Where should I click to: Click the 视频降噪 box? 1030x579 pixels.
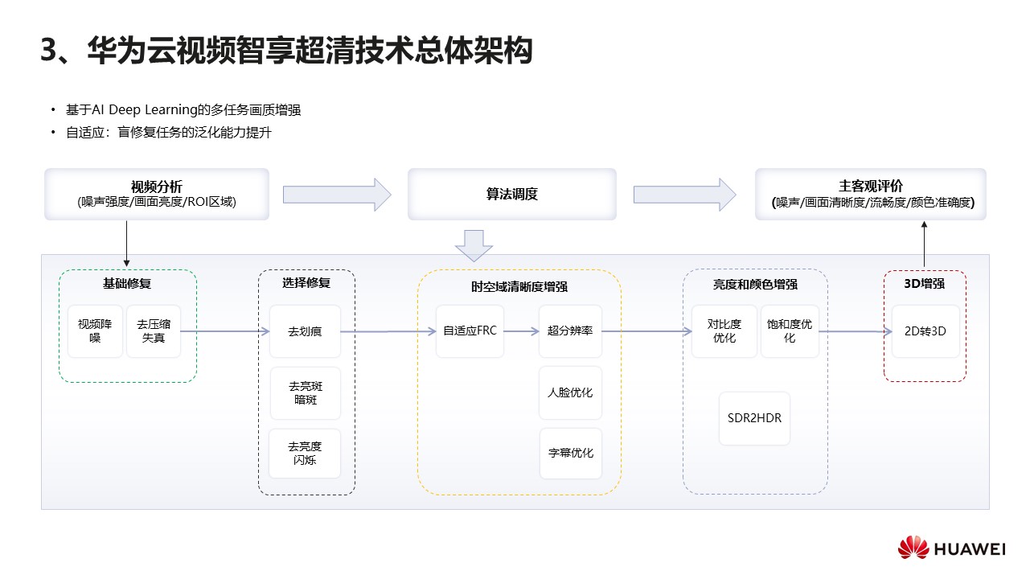pyautogui.click(x=95, y=331)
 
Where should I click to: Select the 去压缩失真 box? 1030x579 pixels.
pyautogui.click(x=154, y=331)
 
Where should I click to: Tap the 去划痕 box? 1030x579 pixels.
pyautogui.click(x=305, y=331)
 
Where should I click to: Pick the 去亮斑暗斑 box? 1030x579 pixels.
pyautogui.click(x=305, y=393)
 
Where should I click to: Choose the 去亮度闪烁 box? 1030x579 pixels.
pyautogui.click(x=305, y=454)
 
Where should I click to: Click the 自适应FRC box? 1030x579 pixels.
pyautogui.click(x=470, y=331)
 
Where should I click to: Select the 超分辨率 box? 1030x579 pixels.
pyautogui.click(x=570, y=331)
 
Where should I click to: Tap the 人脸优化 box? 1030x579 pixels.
pyautogui.click(x=570, y=392)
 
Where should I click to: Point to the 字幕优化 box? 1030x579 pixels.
pyautogui.click(x=570, y=453)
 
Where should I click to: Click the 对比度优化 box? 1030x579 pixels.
pyautogui.click(x=724, y=331)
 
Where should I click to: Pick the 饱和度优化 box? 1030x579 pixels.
pyautogui.click(x=790, y=331)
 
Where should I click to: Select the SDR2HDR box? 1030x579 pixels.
pyautogui.click(x=754, y=418)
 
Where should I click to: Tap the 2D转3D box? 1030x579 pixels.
pyautogui.click(x=925, y=331)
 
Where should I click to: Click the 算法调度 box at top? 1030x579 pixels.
pyautogui.click(x=511, y=194)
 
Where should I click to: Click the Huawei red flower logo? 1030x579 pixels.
pyautogui.click(x=913, y=548)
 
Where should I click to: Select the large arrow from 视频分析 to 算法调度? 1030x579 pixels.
pyautogui.click(x=337, y=195)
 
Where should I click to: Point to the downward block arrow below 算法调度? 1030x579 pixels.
pyautogui.click(x=474, y=244)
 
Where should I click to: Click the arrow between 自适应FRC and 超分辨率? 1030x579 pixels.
pyautogui.click(x=521, y=331)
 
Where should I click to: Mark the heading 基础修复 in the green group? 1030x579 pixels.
pyautogui.click(x=127, y=283)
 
